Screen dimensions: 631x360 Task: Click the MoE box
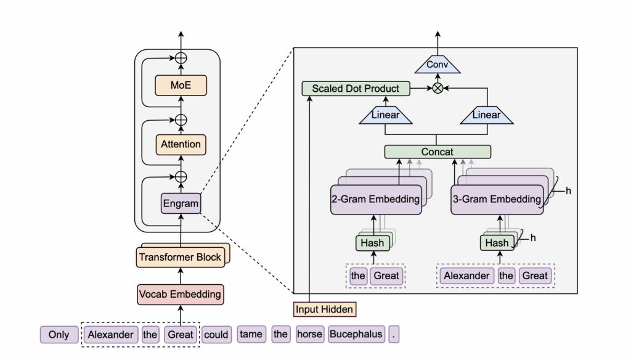(x=181, y=85)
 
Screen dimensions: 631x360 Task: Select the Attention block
(x=181, y=145)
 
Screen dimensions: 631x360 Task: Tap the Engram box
(x=181, y=203)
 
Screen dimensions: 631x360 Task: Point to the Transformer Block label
(x=180, y=257)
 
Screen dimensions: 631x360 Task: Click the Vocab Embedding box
(x=181, y=295)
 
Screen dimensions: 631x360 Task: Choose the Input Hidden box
(x=324, y=309)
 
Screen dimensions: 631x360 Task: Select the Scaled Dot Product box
(x=356, y=89)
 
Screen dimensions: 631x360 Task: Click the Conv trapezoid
(x=438, y=65)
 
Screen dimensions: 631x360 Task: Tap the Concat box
(x=438, y=152)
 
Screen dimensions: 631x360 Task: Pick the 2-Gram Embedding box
(x=376, y=199)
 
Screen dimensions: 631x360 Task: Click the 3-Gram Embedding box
(x=497, y=199)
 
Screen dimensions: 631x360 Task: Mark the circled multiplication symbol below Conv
(x=438, y=88)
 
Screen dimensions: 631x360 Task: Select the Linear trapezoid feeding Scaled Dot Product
(x=386, y=115)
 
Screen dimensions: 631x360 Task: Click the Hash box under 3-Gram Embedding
(x=497, y=243)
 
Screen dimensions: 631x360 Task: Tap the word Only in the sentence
(x=59, y=335)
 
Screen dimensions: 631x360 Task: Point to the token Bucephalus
(x=356, y=334)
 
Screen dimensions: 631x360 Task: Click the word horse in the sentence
(x=309, y=334)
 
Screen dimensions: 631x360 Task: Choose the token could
(x=216, y=335)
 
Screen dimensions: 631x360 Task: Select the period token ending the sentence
(x=394, y=334)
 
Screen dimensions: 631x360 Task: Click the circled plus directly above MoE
(x=181, y=58)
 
